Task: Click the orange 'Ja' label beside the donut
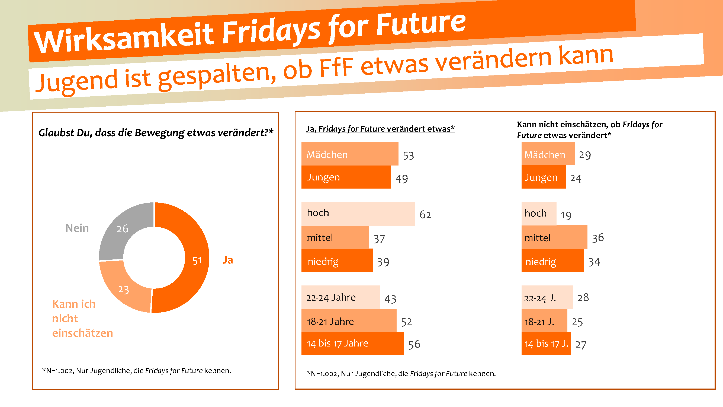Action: click(228, 260)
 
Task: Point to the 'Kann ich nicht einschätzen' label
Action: click(82, 318)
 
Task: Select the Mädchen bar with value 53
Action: click(349, 154)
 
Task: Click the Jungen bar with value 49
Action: click(346, 177)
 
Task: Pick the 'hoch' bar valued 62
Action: click(358, 214)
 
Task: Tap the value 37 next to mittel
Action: click(379, 239)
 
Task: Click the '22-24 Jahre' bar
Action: click(340, 297)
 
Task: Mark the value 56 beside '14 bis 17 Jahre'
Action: click(414, 344)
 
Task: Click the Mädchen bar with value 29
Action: click(548, 154)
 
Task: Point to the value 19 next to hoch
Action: click(566, 215)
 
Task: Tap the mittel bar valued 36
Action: click(554, 237)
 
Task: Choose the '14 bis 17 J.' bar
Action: click(546, 344)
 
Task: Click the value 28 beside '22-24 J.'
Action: click(583, 297)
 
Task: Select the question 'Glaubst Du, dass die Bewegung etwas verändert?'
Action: click(156, 133)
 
